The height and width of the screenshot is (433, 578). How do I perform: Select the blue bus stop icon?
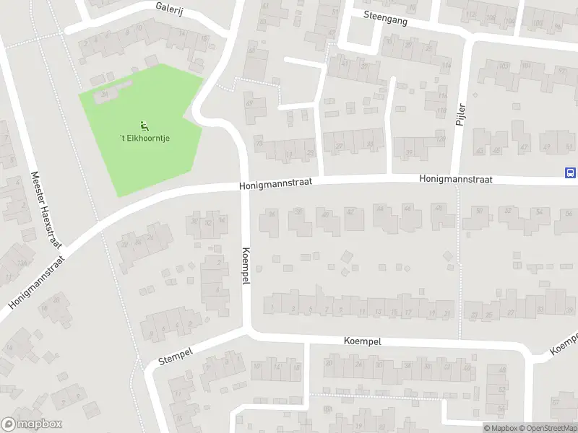tap(570, 172)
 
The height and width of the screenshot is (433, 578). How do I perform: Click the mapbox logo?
tap(32, 424)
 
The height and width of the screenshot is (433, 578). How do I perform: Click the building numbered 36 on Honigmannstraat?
tap(272, 214)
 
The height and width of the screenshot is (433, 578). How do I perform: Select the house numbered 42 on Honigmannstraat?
tap(351, 211)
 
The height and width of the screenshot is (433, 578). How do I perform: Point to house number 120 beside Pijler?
tap(441, 139)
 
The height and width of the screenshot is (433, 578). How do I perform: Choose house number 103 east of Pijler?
tap(503, 67)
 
